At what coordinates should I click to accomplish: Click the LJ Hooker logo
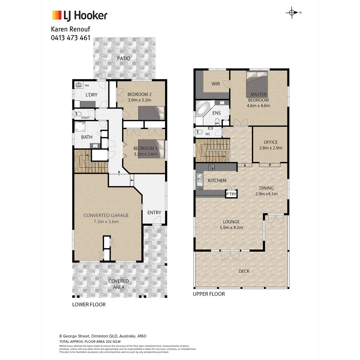pyautogui.click(x=80, y=16)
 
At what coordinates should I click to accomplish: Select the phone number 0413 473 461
pyautogui.click(x=70, y=38)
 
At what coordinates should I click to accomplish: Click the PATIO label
pyautogui.click(x=124, y=58)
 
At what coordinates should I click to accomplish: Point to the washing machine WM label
pyautogui.click(x=87, y=85)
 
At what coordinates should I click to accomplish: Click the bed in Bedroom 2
pyautogui.click(x=151, y=113)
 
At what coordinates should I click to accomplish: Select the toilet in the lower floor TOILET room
pyautogui.click(x=78, y=114)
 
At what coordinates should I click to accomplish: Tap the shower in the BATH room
pyautogui.click(x=80, y=127)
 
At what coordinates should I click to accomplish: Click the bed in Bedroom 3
pyautogui.click(x=151, y=149)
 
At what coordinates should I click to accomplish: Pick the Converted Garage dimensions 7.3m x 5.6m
pyautogui.click(x=106, y=222)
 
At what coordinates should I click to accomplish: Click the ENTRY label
pyautogui.click(x=154, y=212)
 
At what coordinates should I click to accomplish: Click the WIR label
pyautogui.click(x=216, y=84)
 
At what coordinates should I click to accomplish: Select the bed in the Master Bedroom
pyautogui.click(x=257, y=84)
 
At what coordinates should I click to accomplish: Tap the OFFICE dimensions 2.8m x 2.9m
pyautogui.click(x=271, y=148)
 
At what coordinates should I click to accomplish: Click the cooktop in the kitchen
pyautogui.click(x=211, y=167)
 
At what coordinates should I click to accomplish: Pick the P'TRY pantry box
pyautogui.click(x=231, y=194)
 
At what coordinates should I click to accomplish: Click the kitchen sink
pyautogui.click(x=199, y=180)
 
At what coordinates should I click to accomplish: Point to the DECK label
pyautogui.click(x=244, y=271)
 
